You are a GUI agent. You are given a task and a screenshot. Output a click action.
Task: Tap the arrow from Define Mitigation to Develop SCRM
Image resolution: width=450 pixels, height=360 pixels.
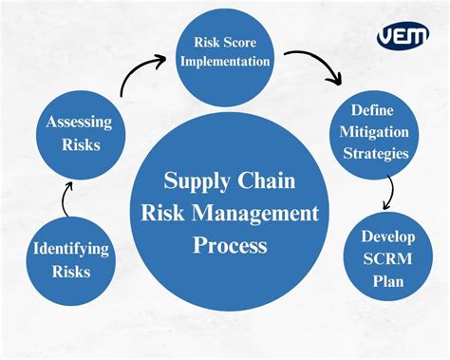[x=387, y=194]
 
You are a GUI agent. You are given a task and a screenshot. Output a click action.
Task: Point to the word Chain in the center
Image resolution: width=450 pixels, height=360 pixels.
[x=267, y=180]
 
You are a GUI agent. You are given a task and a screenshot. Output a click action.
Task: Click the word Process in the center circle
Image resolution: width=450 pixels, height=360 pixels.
[x=229, y=246]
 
